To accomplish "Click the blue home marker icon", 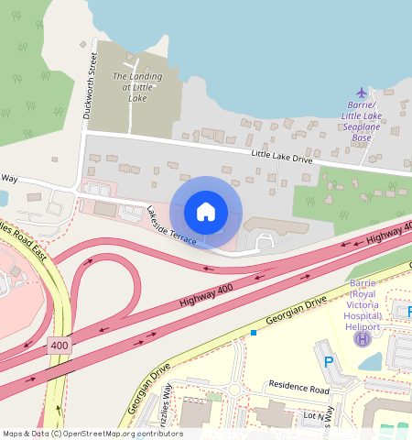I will tap(206, 212).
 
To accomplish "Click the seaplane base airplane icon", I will tap(362, 93).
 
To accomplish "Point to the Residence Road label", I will tap(297, 389).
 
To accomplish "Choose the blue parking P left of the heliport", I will tap(329, 362).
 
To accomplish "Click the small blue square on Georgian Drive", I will tap(254, 333).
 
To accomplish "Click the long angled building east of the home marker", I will tap(275, 225).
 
